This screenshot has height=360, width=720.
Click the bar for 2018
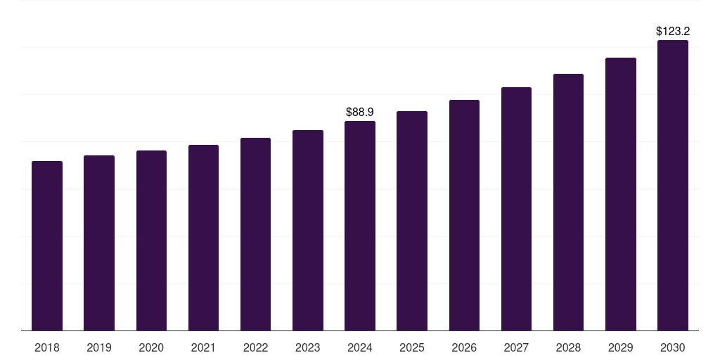point(47,246)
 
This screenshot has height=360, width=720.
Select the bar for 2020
point(151,240)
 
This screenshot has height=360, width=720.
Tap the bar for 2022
point(255,234)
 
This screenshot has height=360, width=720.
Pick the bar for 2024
point(360,226)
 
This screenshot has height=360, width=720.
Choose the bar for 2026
point(464,215)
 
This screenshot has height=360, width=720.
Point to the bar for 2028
point(568,202)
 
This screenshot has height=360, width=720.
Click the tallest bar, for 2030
point(673,186)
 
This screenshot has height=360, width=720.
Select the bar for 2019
point(99,243)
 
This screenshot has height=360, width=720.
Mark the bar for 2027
point(516,209)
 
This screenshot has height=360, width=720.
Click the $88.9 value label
point(360,112)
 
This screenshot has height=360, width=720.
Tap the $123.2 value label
point(673,31)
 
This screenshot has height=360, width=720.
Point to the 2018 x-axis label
point(47,347)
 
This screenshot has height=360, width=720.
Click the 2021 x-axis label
point(203,347)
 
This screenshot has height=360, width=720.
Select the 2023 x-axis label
point(307,347)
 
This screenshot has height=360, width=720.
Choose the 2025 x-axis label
point(412,347)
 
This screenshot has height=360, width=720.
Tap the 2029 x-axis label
point(621,347)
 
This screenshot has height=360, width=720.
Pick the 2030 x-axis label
point(673,347)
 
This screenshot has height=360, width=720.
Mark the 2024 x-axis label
point(360,347)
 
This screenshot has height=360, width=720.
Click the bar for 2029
point(621,194)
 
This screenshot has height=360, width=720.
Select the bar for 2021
point(203,238)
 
